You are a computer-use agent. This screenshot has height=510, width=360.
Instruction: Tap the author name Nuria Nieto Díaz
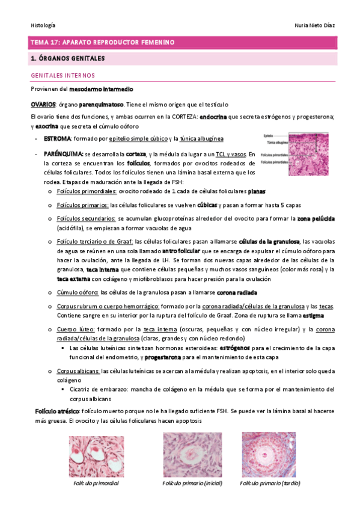[x=311, y=25]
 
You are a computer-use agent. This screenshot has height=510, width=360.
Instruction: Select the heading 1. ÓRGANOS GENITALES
[x=67, y=58]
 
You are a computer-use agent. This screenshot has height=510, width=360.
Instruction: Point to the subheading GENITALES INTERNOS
[x=63, y=76]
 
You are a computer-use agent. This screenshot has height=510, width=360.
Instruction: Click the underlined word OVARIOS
[x=43, y=103]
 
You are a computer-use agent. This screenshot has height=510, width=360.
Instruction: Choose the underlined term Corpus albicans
[x=78, y=371]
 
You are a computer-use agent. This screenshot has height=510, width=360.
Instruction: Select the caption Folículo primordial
[x=96, y=484]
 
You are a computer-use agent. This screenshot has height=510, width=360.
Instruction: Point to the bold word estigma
[x=314, y=315]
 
